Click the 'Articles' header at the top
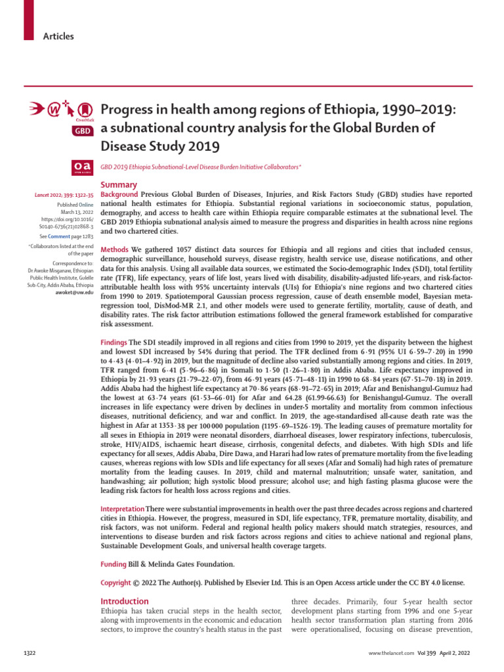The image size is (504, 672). [59, 36]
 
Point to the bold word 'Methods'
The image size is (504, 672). [114, 250]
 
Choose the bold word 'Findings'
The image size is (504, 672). [114, 343]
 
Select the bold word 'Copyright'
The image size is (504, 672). [116, 582]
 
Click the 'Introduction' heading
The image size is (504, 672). [124, 601]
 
